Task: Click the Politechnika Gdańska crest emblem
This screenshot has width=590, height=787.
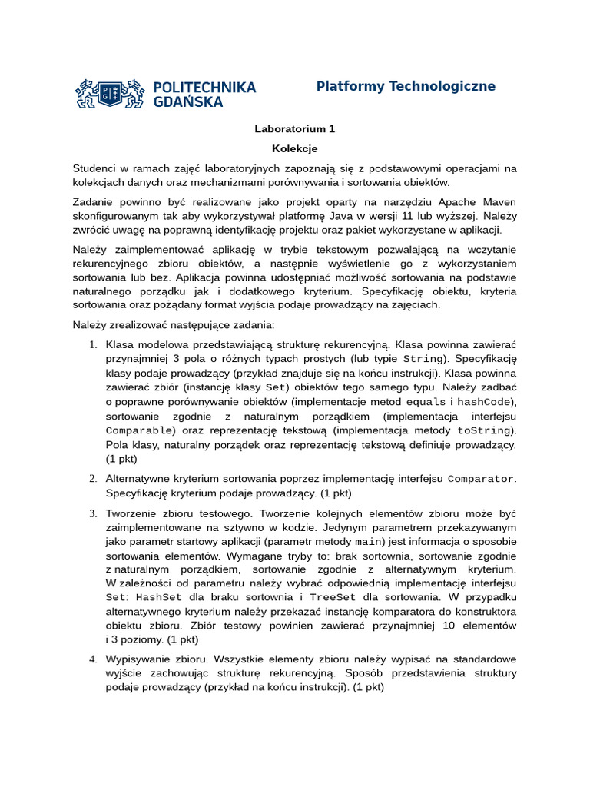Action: [109, 94]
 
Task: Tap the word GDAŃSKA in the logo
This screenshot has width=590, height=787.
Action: [188, 101]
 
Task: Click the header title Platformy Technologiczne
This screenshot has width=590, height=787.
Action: [406, 86]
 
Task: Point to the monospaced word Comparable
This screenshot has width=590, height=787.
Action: [138, 430]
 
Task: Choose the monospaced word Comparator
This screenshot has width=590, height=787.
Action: [481, 478]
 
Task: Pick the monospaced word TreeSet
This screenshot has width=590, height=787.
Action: [332, 597]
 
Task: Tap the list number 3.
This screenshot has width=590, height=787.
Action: [93, 513]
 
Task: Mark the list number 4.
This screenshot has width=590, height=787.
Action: [93, 659]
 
